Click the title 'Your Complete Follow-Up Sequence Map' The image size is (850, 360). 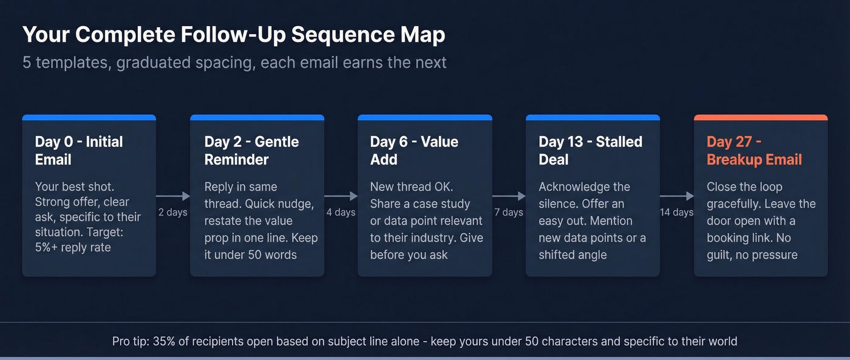pos(234,35)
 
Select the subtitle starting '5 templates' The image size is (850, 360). pos(234,63)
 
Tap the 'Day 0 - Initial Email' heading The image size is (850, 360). pos(79,151)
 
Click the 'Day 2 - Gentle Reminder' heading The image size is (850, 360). pos(251,151)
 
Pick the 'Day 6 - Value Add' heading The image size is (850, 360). pos(414,151)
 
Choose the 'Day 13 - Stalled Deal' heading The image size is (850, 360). pos(590,151)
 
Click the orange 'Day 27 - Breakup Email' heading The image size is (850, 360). pos(754,151)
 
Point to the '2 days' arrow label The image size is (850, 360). pos(173,212)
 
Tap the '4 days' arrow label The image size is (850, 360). pos(341,212)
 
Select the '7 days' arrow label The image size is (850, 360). pos(509,212)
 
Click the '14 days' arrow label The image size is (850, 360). pos(676,212)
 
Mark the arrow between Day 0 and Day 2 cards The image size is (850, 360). pos(173,196)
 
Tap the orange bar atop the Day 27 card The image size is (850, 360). pos(760,117)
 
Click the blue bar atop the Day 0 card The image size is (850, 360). pos(89,117)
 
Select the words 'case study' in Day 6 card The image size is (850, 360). pos(440,203)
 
